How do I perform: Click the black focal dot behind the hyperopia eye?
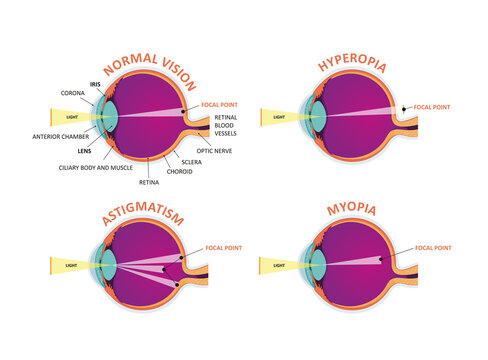pyautogui.click(x=403, y=108)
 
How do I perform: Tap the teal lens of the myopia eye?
pyautogui.click(x=316, y=265)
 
